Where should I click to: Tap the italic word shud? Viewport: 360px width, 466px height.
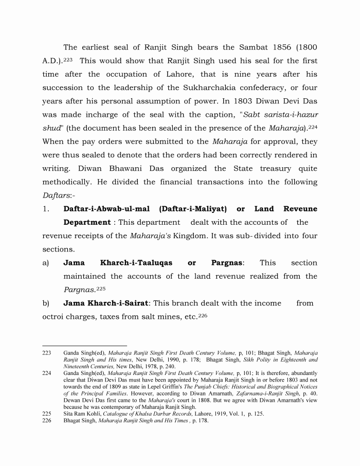[51, 128]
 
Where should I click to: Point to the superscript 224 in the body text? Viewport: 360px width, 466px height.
[313, 126]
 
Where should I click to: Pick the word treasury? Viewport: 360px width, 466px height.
[278, 168]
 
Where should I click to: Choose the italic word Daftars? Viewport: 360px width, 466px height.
[58, 195]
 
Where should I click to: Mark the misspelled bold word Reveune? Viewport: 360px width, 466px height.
[300, 209]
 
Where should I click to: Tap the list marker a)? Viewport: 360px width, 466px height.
[46, 263]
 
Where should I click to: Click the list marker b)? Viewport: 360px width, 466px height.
[46, 303]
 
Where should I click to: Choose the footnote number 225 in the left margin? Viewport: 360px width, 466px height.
[47, 413]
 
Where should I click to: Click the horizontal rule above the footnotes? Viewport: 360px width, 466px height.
[84, 346]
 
